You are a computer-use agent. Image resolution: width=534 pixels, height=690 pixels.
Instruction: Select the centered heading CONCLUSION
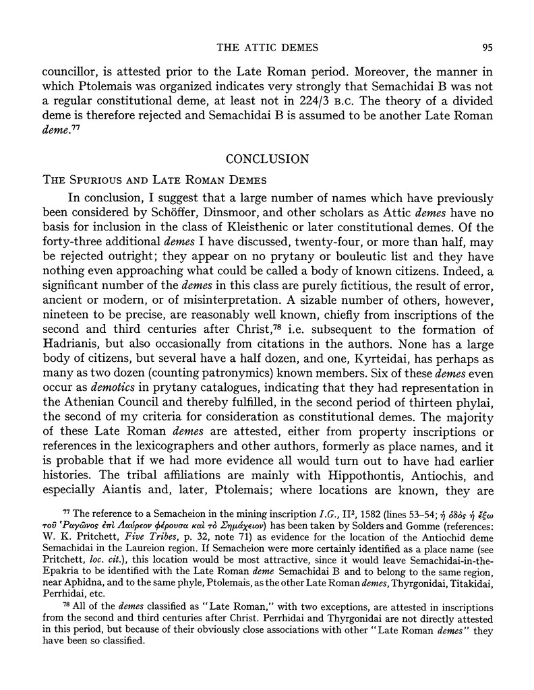[x=267, y=160]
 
